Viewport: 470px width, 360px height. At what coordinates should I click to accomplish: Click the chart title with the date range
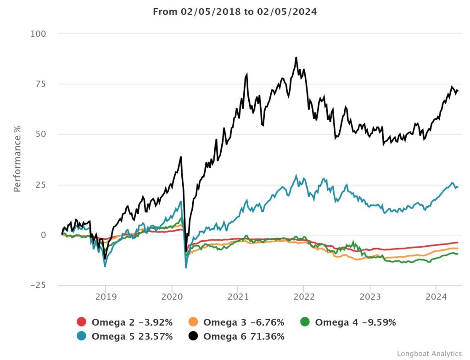point(235,12)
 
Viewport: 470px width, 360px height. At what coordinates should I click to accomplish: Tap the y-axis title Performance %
point(17,160)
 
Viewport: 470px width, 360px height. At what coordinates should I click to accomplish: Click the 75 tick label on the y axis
point(40,84)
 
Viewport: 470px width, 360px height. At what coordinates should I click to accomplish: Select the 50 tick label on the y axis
point(40,134)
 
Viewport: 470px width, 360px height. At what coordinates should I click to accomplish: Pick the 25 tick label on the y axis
point(40,185)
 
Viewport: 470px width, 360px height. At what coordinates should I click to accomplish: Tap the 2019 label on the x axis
point(105,296)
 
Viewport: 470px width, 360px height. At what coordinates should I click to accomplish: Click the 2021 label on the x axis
point(238,296)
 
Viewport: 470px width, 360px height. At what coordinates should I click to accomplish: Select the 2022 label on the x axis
point(304,296)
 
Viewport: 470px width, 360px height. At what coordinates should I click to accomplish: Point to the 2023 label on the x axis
point(370,296)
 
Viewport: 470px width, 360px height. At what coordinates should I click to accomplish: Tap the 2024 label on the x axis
point(436,296)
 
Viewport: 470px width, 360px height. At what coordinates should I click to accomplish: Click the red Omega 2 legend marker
point(82,322)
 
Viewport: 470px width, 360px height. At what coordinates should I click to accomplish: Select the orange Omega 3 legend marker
point(194,322)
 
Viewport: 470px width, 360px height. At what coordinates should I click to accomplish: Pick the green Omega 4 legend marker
point(306,322)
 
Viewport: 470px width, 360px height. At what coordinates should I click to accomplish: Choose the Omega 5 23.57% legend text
point(132,336)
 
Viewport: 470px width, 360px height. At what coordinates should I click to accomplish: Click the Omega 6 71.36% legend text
point(244,336)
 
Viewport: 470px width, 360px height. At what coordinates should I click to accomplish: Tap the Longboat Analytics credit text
point(429,353)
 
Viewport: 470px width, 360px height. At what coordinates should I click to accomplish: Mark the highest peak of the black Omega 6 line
point(296,58)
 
